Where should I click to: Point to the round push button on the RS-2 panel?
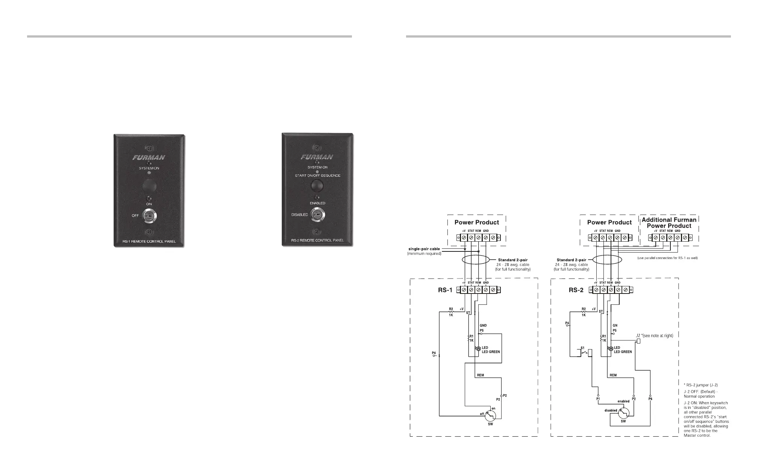(317, 185)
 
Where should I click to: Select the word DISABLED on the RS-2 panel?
(300, 215)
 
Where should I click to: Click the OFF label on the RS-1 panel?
(135, 216)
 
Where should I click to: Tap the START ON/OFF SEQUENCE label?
(318, 176)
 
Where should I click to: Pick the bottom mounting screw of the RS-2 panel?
(317, 232)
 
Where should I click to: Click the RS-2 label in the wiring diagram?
(576, 290)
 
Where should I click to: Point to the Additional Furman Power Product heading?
(669, 222)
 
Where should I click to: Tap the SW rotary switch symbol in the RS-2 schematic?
(623, 413)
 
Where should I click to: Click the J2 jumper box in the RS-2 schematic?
(638, 341)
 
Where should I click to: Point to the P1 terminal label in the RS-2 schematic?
(598, 399)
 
